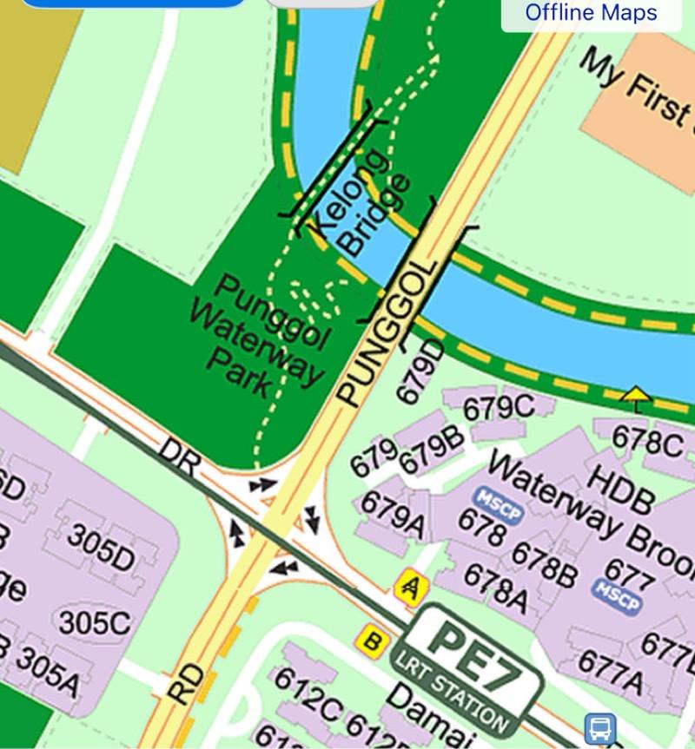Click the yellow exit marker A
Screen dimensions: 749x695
(407, 588)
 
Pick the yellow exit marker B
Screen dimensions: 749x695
(371, 642)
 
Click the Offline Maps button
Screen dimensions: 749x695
(591, 13)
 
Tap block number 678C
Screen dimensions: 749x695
(647, 442)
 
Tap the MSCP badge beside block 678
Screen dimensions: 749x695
(500, 503)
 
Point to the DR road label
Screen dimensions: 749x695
(180, 455)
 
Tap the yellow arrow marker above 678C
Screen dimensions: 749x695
(637, 397)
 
